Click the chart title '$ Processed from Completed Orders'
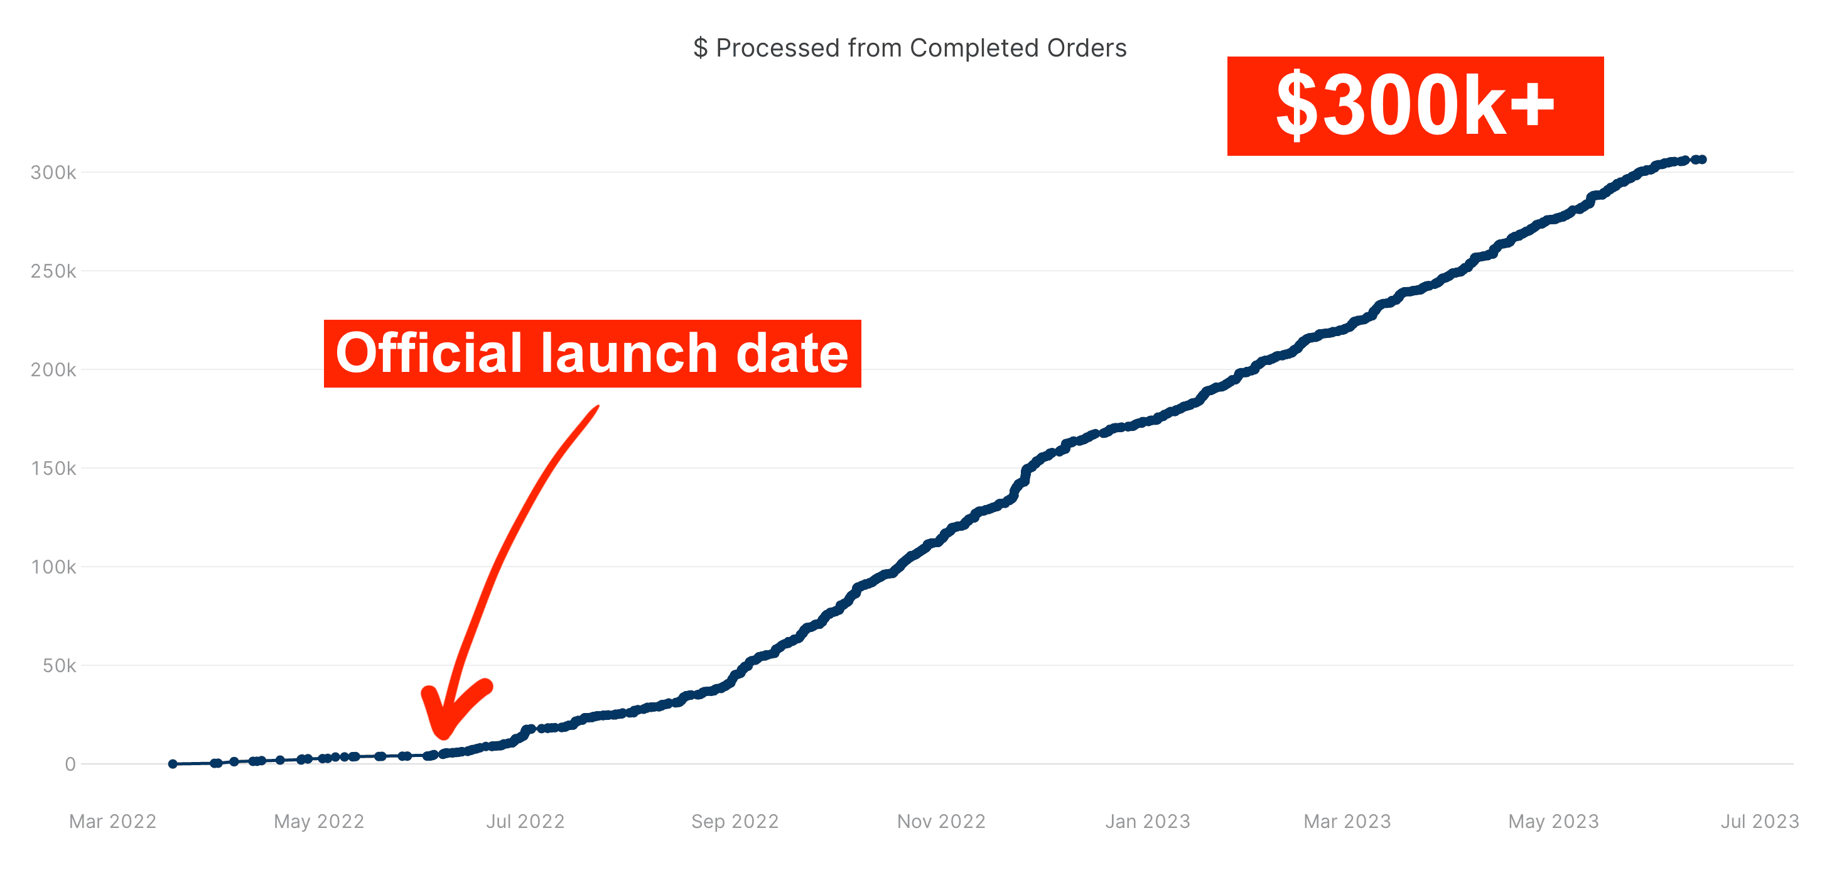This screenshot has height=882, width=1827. tap(910, 48)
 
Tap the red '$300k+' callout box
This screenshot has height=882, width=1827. tap(1415, 106)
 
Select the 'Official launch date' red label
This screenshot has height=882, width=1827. tap(592, 354)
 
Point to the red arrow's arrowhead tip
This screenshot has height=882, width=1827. tap(443, 735)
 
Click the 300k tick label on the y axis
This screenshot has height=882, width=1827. tap(53, 172)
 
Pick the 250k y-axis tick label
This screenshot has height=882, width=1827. tap(53, 271)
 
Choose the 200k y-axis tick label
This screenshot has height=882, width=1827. tap(53, 369)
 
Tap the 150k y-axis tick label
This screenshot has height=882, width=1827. tap(53, 468)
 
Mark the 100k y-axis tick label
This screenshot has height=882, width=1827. tap(53, 567)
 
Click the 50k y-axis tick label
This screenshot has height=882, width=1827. tap(59, 665)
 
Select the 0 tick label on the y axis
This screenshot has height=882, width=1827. tap(70, 764)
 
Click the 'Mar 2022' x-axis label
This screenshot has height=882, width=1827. tap(113, 821)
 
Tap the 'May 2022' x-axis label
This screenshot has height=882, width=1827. tap(319, 821)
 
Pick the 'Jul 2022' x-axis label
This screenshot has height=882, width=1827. tap(525, 821)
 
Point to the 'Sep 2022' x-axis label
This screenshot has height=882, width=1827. tap(735, 821)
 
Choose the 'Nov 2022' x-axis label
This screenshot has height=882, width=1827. tap(941, 821)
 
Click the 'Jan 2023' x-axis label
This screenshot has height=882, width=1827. tap(1148, 821)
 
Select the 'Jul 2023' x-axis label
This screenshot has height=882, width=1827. tap(1760, 821)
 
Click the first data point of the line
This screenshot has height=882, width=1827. tap(173, 763)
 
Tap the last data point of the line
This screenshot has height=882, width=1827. tap(1702, 160)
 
